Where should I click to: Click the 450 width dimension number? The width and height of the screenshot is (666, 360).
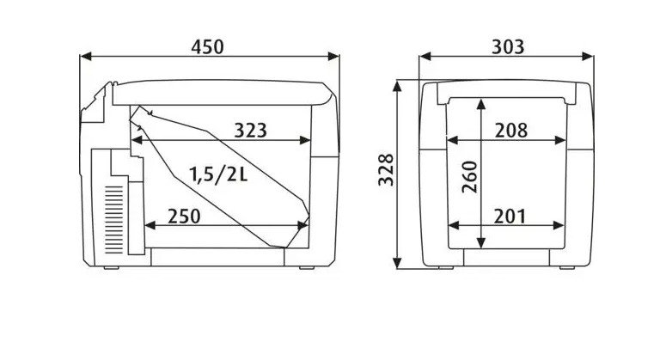click(207, 47)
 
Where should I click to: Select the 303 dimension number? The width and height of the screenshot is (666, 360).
click(508, 47)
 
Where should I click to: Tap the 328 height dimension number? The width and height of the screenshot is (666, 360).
click(386, 170)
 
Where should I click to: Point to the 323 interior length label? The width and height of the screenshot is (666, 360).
click(251, 131)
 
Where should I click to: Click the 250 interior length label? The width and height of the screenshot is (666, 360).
click(184, 216)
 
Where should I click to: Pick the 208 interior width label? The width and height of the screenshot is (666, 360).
click(511, 131)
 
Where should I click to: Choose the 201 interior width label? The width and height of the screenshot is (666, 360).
click(510, 216)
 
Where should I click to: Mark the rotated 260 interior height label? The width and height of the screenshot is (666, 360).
click(470, 177)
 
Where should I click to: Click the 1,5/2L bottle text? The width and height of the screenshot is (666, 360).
click(218, 174)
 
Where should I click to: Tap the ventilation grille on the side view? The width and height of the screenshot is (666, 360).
click(113, 220)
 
